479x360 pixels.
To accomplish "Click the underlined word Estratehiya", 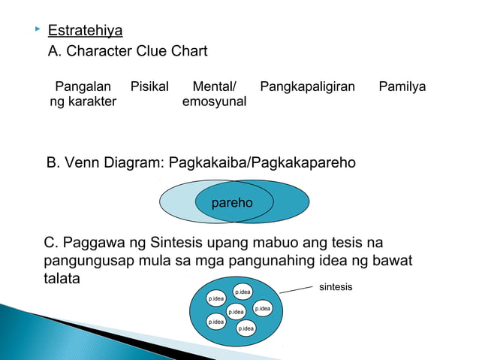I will (x=85, y=32).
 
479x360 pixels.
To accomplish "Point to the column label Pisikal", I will (x=149, y=86).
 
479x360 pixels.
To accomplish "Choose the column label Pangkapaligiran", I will (x=307, y=86).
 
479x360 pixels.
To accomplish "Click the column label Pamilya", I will (x=402, y=86).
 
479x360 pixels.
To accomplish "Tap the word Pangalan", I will (x=83, y=86).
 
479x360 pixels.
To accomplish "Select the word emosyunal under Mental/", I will (x=214, y=101).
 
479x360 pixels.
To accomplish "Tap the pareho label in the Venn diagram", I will (x=232, y=203).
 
